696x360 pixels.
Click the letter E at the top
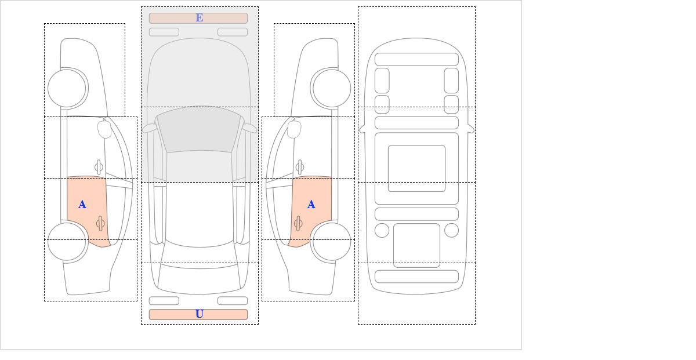pos(200,18)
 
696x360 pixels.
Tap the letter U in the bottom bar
pos(200,314)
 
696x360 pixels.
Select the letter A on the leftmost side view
pos(82,205)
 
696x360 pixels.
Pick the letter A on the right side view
pos(311,205)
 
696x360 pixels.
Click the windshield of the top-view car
pos(199,130)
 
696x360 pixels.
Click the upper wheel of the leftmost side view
pos(67,88)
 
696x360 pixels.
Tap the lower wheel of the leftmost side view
pos(67,241)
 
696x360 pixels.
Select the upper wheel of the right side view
pos(332,88)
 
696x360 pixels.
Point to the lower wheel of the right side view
pos(332,241)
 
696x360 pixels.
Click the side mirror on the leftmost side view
pos(104,129)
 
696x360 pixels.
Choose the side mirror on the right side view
pos(294,129)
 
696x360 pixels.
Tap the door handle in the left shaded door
pos(100,223)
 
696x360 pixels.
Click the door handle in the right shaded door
pos(298,223)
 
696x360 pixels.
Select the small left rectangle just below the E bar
pos(164,32)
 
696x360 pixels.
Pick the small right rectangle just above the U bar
pos(233,301)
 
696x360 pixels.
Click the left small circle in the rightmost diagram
pos(382,231)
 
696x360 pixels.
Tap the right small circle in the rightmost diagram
pos(451,231)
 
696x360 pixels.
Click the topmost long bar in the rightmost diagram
pos(416,59)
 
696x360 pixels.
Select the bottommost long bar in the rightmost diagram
pos(416,277)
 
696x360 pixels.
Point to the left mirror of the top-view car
pos(150,128)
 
